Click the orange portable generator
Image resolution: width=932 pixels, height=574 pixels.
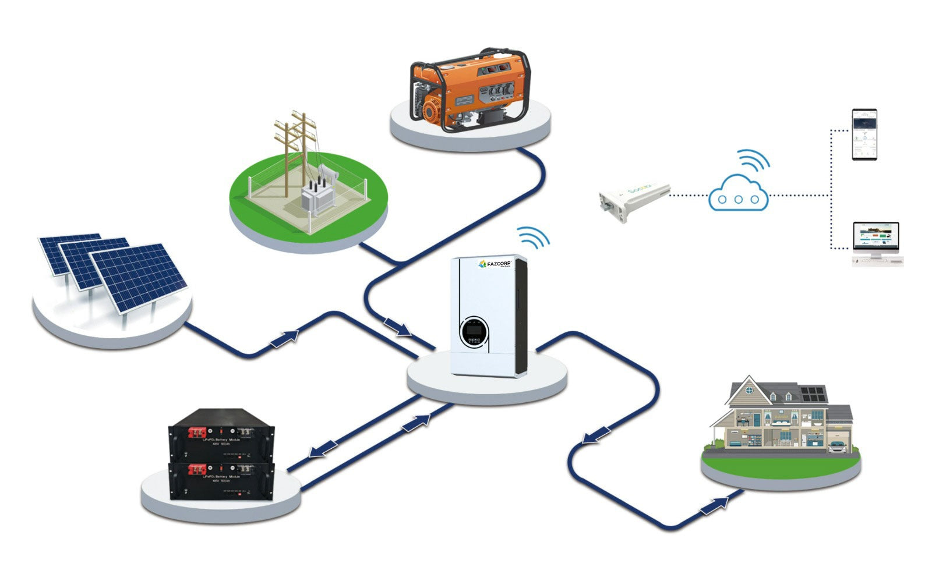point(469,90)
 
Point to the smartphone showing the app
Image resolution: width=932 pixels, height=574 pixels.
point(864,134)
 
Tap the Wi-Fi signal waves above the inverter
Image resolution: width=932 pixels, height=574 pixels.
point(533,237)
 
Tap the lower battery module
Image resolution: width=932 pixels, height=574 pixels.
point(221,480)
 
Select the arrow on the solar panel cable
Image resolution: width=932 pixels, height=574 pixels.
point(285,338)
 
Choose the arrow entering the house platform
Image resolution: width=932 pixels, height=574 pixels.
point(714,506)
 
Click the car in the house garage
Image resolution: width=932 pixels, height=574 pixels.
point(837,447)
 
